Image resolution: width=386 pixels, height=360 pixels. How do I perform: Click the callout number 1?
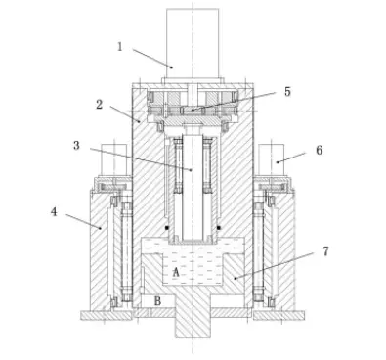tap(120, 47)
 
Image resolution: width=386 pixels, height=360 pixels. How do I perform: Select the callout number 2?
tap(100, 105)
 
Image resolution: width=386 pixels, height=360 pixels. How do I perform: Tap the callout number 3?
tap(76, 145)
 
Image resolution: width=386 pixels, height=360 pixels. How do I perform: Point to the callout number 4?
tap(54, 212)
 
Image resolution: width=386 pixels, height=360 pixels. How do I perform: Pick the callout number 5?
tap(287, 92)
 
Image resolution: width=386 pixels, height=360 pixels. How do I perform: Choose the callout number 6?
tap(319, 150)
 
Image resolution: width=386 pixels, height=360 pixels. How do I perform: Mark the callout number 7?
tap(325, 251)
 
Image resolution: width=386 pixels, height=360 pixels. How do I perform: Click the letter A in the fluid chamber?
tap(176, 272)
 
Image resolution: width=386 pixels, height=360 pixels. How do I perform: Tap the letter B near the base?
tap(157, 301)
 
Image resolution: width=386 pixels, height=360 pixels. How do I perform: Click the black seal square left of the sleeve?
tap(167, 228)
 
